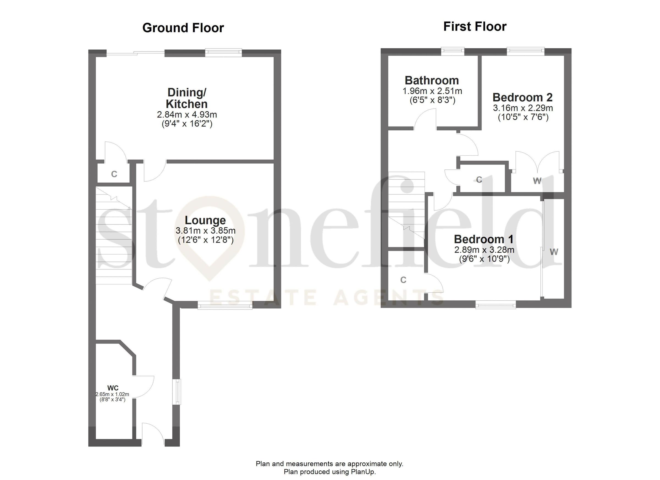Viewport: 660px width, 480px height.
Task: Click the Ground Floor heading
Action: click(x=183, y=28)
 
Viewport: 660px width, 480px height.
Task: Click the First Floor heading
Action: click(x=475, y=26)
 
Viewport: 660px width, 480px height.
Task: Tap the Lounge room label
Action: click(x=205, y=220)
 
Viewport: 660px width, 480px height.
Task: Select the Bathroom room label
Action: click(x=432, y=80)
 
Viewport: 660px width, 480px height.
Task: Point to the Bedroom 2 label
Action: click(x=522, y=97)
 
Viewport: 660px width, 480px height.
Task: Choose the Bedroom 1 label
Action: click(x=484, y=239)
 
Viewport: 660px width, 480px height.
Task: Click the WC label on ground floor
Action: click(x=113, y=388)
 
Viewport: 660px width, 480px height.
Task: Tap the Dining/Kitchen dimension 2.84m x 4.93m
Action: click(x=187, y=115)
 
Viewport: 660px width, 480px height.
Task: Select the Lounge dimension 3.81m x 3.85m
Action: click(x=205, y=231)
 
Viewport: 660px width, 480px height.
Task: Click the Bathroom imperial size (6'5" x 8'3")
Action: click(x=432, y=100)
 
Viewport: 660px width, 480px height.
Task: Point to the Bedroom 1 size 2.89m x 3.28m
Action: click(x=484, y=250)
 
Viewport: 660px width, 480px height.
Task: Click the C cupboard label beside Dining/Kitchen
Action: click(x=114, y=174)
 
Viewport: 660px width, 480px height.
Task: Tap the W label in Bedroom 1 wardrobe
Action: click(x=554, y=252)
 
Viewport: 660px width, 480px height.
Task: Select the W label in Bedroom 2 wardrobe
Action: click(x=537, y=181)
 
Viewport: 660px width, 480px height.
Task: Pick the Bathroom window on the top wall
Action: click(x=453, y=51)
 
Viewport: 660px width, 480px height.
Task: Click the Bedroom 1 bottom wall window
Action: click(x=496, y=305)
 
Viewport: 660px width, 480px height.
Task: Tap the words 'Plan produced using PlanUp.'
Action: click(x=330, y=471)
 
